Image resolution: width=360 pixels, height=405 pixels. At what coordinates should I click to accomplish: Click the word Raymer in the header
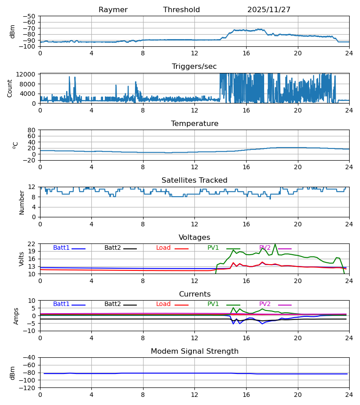[113, 10]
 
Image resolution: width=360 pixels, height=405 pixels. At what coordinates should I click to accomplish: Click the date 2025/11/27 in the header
[269, 10]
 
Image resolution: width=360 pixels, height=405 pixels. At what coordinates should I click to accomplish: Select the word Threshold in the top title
[181, 10]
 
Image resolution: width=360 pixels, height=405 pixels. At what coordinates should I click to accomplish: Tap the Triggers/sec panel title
[194, 67]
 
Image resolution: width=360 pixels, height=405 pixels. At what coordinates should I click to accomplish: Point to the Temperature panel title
[194, 124]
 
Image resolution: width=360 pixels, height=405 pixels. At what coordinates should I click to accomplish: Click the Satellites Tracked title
[194, 180]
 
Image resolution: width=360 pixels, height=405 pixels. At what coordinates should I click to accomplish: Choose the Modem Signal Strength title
[194, 351]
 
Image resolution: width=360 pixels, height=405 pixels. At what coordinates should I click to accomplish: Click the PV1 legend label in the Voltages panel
[213, 248]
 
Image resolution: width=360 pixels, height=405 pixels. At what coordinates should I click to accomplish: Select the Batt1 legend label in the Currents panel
[61, 304]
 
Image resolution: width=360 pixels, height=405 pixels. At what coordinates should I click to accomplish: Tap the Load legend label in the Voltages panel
[163, 248]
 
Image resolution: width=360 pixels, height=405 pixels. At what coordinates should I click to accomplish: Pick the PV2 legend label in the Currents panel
[265, 304]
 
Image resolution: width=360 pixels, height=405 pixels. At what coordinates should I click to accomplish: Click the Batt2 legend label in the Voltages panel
[112, 248]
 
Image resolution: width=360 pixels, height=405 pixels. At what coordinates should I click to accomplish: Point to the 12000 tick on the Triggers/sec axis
[28, 74]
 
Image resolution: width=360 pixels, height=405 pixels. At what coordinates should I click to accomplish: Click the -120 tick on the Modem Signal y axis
[28, 388]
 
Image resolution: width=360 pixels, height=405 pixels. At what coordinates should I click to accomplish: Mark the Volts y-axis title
[22, 259]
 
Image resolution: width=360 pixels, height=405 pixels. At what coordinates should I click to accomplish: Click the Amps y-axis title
[17, 316]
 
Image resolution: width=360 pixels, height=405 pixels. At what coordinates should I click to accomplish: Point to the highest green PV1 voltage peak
[275, 244]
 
